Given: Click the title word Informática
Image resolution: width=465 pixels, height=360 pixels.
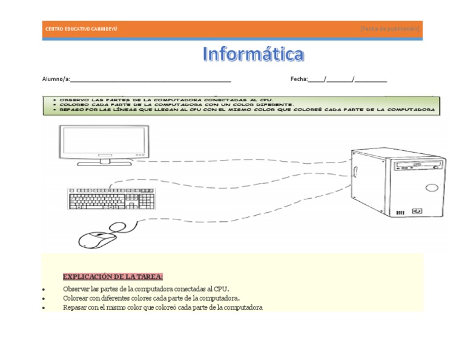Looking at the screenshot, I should coord(253,55).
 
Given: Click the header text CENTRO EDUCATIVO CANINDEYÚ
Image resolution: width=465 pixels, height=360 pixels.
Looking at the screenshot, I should coord(81,29).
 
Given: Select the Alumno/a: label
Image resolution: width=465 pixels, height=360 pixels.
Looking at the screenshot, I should coord(56,79).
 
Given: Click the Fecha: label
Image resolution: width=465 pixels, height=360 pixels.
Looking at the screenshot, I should coord(299,79).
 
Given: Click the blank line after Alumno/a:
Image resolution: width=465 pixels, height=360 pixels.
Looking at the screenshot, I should coord(151,79).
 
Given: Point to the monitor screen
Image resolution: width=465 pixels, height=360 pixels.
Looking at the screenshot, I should coord(104,141).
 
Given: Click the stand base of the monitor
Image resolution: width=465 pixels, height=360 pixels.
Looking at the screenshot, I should coord(104,162).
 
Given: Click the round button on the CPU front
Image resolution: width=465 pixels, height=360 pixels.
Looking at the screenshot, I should coord(432,187).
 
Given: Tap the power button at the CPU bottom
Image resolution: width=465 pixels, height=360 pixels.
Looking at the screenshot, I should coord(417,212).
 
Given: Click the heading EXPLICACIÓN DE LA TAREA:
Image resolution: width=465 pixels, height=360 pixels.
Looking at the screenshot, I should coord(113,277).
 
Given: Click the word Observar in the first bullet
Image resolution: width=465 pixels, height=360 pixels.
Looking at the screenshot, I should coord(76,289).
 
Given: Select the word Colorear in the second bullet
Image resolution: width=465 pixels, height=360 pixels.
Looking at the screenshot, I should coord(76,298).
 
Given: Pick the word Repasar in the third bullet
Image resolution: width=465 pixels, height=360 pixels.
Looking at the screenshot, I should coord(75,307).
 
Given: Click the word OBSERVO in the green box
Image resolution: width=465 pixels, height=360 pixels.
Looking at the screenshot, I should coord(73,99).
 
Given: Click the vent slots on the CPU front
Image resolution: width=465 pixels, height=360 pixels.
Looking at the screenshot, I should coord(400,212).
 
